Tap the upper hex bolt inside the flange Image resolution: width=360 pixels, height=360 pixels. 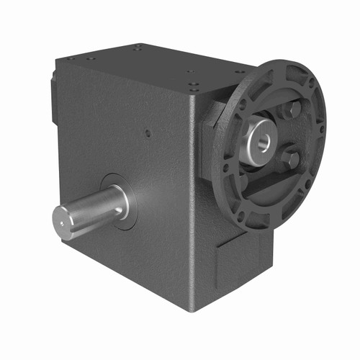point(292,110)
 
